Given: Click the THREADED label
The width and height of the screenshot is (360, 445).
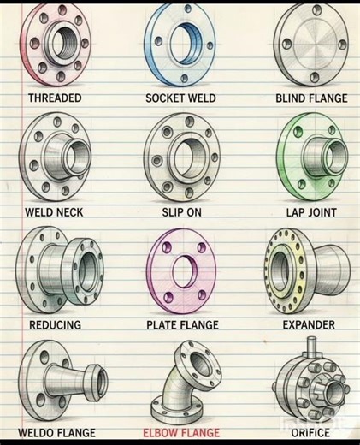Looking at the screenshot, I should click(x=55, y=98).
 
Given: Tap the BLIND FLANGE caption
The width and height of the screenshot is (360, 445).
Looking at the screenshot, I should click(x=311, y=98).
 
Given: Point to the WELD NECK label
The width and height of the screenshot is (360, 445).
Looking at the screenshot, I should click(x=54, y=211).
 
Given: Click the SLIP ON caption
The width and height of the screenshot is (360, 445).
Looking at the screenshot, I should click(x=181, y=211).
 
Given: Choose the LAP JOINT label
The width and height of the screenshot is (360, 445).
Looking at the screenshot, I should click(x=311, y=211).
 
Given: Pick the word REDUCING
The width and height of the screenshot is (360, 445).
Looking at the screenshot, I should click(x=55, y=325).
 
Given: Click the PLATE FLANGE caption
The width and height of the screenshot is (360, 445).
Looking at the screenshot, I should click(x=182, y=325).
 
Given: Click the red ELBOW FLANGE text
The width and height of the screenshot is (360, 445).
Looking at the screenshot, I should click(x=182, y=433).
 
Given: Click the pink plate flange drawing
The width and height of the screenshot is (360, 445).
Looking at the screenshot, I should click(x=182, y=271).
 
